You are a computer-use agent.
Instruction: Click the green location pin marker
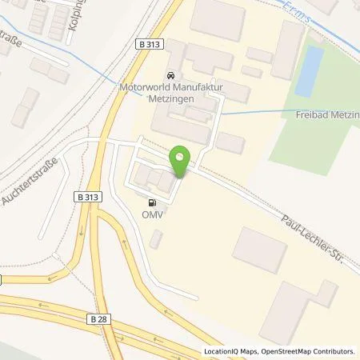coord(181,160)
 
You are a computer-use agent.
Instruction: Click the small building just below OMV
coord(155,238)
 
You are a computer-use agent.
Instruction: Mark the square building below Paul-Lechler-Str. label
coord(259,249)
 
